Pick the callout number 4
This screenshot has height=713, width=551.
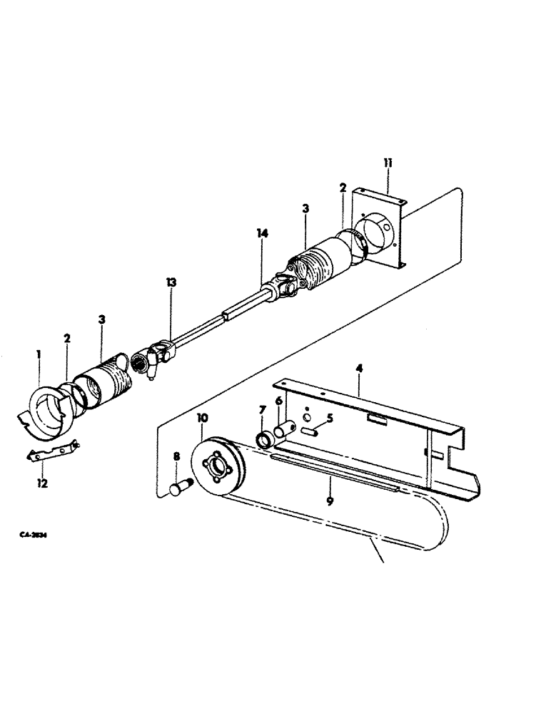[360, 369]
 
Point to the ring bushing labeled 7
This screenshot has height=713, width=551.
[265, 438]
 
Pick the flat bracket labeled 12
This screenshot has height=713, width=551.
[51, 451]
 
